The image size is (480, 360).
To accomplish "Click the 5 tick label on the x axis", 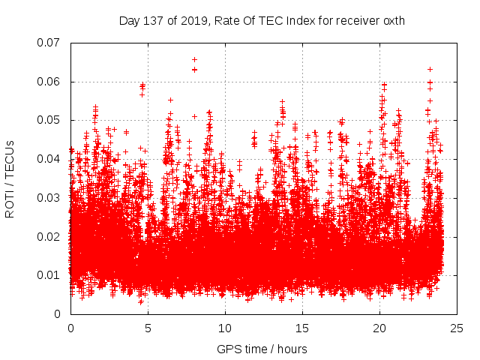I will pos(148,328).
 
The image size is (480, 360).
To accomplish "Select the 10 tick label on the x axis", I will pos(225,328).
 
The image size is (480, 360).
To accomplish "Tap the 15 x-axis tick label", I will pos(302,328).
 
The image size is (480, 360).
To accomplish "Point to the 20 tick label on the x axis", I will pos(379,328).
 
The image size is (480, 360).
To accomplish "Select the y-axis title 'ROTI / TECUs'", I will pos(10,178).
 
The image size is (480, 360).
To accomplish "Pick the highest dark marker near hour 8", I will pos(194,59).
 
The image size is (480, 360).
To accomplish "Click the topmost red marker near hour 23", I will pos(430,69).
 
